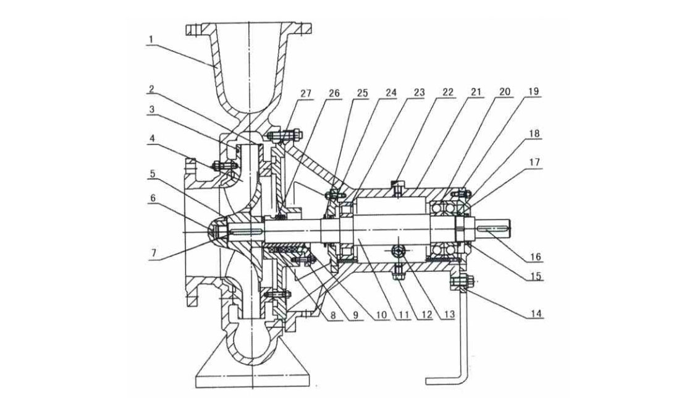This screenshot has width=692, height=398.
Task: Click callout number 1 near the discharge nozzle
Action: coord(150,38)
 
